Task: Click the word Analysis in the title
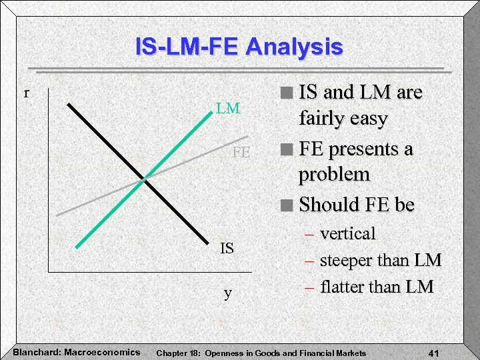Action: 294,47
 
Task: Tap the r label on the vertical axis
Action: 27,93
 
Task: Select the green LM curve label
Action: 227,108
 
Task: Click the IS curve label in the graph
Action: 227,249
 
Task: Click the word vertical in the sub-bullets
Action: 347,234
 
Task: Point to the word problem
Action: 334,175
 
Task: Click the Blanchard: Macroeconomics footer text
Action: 77,351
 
